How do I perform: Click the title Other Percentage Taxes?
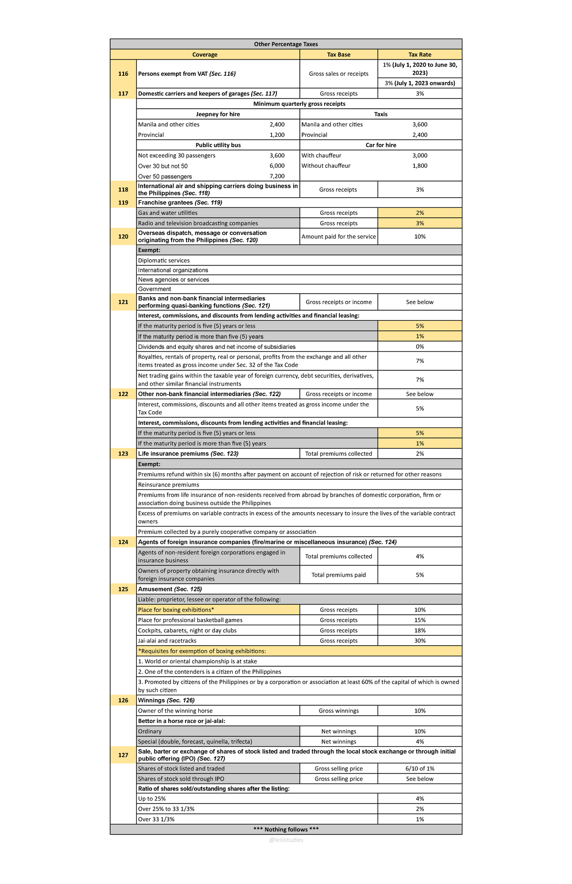286,44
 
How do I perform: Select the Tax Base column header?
338,55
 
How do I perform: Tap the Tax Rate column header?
419,55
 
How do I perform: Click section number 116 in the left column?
123,74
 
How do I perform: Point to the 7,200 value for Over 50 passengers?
277,176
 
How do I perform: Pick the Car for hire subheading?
380,145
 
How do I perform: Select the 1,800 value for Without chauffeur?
419,166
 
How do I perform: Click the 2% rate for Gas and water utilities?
419,213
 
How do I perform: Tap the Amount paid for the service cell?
338,237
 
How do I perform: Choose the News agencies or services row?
174,280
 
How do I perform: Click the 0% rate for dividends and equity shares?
419,347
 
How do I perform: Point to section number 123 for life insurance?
123,454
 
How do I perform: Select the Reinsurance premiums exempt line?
168,485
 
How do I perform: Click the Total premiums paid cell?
338,575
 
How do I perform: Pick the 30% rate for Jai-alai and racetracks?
419,641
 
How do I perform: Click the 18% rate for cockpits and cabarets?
419,630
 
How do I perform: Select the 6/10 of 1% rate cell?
419,769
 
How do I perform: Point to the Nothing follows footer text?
286,830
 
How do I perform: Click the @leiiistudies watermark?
286,840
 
